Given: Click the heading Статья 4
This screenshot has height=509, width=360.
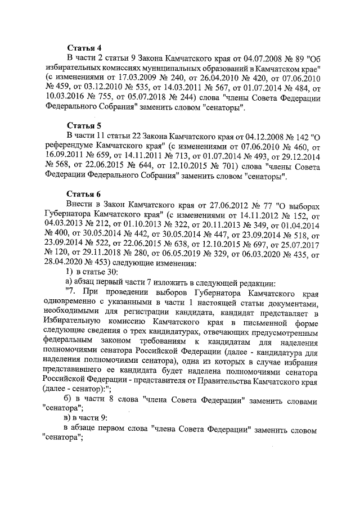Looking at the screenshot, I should [x=84, y=47].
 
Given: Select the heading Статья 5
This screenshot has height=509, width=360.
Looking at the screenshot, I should [x=84, y=125].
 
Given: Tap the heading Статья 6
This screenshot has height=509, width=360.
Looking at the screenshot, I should [x=84, y=194].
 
